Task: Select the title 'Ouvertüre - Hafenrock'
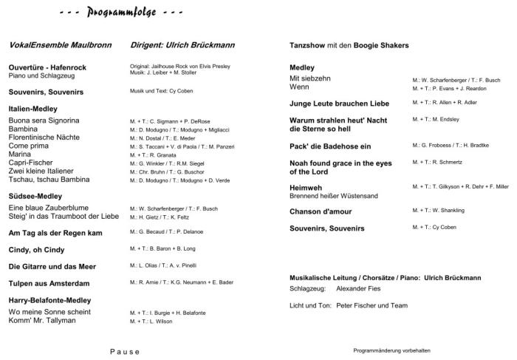pos(47,67)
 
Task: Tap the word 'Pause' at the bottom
pos(125,351)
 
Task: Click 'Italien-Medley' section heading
pos(33,109)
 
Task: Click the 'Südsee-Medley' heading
pos(35,196)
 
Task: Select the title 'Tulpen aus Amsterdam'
pos(49,283)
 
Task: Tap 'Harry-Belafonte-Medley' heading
pos(49,301)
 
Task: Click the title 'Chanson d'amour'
pos(323,211)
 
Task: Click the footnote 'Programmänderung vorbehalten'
pos(391,350)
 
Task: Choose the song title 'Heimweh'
pos(307,188)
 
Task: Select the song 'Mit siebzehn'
pos(310,78)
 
